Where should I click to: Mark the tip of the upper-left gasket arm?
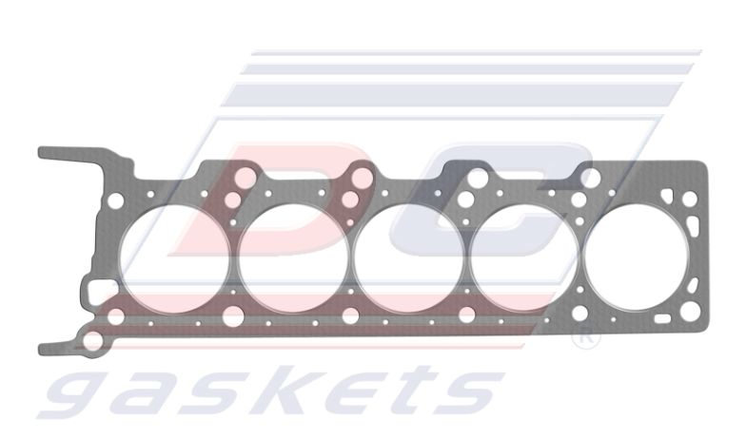click(x=44, y=152)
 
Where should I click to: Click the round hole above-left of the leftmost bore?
click(x=115, y=201)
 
